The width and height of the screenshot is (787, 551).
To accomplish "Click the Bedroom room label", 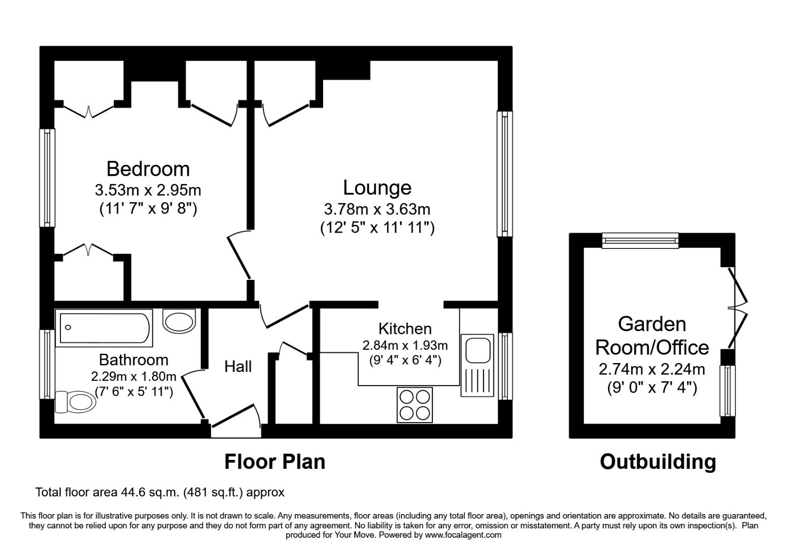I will point(148,169).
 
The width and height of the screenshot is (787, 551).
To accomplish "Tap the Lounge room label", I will point(377,187).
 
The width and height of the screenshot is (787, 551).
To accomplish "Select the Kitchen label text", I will point(405,329).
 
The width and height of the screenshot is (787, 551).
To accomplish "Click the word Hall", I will point(238,367).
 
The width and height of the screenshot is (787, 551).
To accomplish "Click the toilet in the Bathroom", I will point(75,401).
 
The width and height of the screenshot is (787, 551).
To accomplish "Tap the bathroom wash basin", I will point(180,322).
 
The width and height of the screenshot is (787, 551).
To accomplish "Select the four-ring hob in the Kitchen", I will point(415,405).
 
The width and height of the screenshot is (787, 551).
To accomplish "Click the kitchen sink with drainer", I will point(477,365).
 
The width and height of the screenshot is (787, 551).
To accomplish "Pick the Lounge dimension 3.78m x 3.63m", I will point(377,209).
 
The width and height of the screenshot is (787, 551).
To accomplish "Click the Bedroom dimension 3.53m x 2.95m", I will point(148,189).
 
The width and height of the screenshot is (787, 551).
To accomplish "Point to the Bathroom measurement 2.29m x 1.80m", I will point(133,377).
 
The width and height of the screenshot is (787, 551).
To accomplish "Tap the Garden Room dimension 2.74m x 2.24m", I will point(652,369).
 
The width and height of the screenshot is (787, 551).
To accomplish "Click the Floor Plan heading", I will point(274,462).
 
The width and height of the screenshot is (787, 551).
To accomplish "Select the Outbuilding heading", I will point(658,462).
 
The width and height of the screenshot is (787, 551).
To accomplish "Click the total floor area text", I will point(160,492).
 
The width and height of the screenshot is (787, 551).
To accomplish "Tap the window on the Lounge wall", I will point(505,174).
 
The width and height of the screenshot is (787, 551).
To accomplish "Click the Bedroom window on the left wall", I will point(47,178).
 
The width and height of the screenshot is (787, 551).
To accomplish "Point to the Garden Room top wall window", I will point(640,240).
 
